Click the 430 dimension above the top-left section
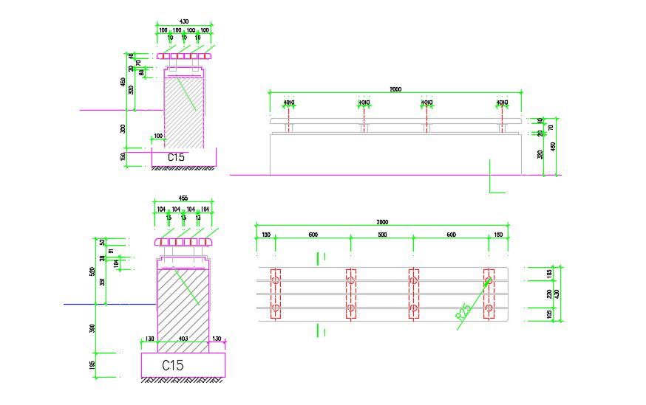183,21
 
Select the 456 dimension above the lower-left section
183,198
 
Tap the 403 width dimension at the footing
183,338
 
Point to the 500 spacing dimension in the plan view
381,235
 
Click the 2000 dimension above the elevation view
395,89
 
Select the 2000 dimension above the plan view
381,222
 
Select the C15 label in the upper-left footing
175,157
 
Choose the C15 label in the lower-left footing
173,365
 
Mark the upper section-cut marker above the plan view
320,257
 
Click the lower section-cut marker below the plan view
320,331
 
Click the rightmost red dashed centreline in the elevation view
502,114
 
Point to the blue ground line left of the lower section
81,304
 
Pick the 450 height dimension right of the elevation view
553,146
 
